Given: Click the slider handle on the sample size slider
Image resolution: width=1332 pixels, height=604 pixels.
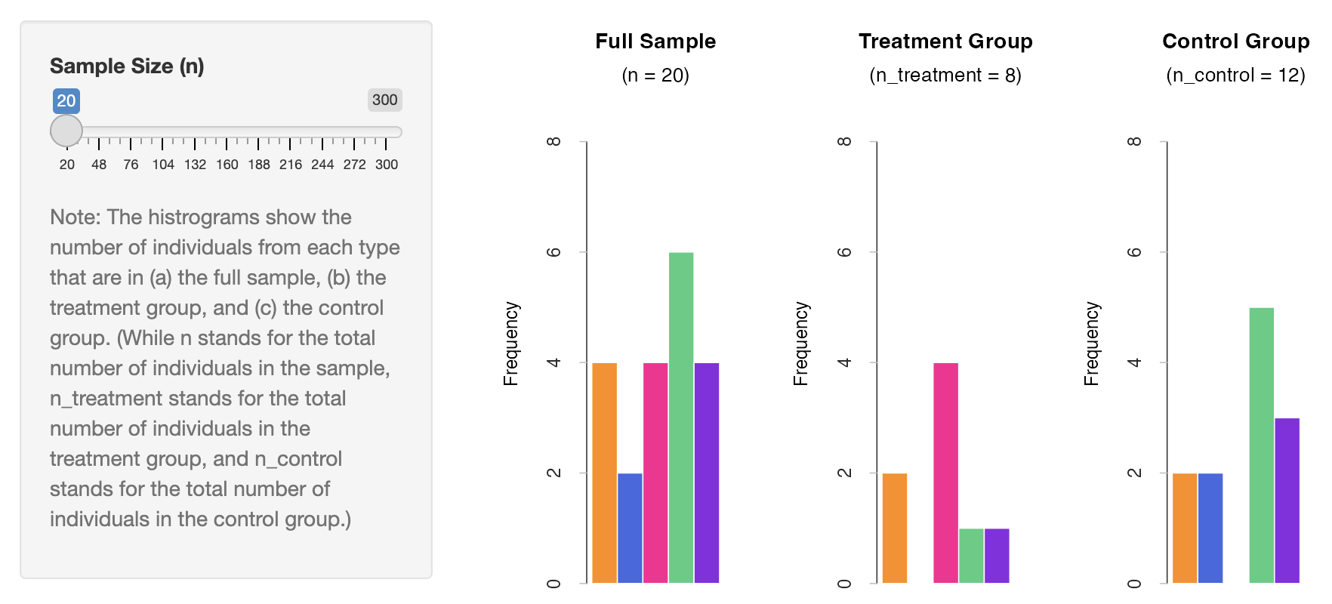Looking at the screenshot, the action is pyautogui.click(x=66, y=131).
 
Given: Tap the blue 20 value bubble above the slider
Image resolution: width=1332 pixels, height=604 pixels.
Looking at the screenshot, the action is pyautogui.click(x=66, y=100).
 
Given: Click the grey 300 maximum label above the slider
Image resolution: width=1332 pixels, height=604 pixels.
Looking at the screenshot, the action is pyautogui.click(x=385, y=100).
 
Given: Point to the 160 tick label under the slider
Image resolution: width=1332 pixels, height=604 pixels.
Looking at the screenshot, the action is pyautogui.click(x=227, y=165).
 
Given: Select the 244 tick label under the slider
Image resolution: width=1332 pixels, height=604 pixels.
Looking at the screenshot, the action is pyautogui.click(x=322, y=165).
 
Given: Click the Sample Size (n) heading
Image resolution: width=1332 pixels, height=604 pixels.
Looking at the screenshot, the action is pyautogui.click(x=127, y=66).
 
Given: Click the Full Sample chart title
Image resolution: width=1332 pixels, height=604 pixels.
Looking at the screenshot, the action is pyautogui.click(x=655, y=41).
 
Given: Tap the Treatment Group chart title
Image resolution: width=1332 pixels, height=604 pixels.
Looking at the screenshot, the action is pyautogui.click(x=945, y=41).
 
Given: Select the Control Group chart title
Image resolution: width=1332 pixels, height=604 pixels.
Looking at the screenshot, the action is pyautogui.click(x=1236, y=41).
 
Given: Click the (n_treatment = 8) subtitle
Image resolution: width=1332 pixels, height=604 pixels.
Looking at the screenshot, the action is pyautogui.click(x=945, y=75).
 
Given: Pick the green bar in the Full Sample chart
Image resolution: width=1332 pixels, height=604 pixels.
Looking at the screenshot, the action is pyautogui.click(x=681, y=418).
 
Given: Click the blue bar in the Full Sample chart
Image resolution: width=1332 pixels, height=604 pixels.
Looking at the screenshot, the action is pyautogui.click(x=630, y=528).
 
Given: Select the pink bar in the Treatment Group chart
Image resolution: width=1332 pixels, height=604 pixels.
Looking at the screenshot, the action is pyautogui.click(x=946, y=473).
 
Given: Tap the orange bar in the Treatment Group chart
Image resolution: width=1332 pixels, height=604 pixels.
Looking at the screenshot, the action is pyautogui.click(x=895, y=528).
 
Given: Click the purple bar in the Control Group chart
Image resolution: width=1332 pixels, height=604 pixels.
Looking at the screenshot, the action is pyautogui.click(x=1287, y=501).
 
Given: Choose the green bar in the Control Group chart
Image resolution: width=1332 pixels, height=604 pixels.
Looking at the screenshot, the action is pyautogui.click(x=1262, y=445).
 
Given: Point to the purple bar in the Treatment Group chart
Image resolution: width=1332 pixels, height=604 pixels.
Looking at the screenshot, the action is pyautogui.click(x=997, y=556).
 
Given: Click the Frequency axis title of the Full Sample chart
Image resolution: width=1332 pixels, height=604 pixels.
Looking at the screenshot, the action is pyautogui.click(x=511, y=344).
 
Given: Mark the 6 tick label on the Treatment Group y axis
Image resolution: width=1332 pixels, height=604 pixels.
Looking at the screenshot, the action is pyautogui.click(x=844, y=252).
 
